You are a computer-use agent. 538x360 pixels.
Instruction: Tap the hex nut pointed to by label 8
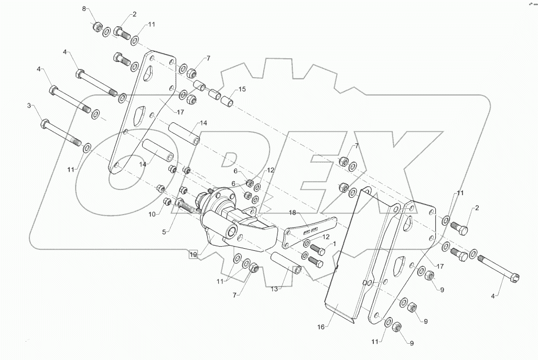[96, 27]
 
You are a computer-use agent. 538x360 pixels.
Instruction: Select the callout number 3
[29, 106]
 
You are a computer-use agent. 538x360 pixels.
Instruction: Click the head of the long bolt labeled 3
[45, 124]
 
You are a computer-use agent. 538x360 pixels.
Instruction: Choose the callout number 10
[152, 215]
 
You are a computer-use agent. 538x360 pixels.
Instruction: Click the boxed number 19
[193, 255]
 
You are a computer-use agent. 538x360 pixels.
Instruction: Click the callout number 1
[334, 245]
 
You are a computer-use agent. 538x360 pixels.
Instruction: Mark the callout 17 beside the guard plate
[439, 266]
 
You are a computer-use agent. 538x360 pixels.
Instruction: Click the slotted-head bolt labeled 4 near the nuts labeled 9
[498, 268]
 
